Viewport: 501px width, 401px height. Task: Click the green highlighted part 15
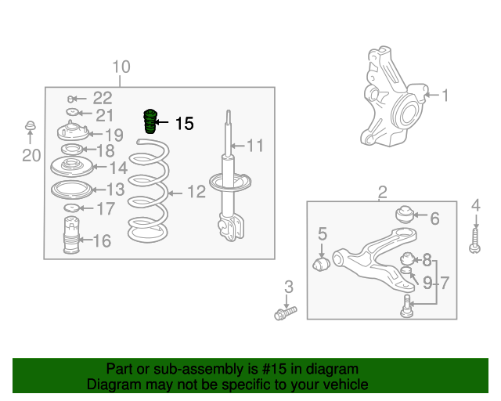pyautogui.click(x=150, y=121)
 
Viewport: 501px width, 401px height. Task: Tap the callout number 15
pyautogui.click(x=185, y=124)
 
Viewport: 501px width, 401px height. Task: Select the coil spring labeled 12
pyautogui.click(x=149, y=191)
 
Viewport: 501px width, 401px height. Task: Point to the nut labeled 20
pyautogui.click(x=30, y=125)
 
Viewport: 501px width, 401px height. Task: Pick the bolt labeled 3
pyautogui.click(x=285, y=313)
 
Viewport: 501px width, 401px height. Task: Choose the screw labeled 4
pyautogui.click(x=475, y=241)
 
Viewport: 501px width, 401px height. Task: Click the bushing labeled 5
pyautogui.click(x=321, y=263)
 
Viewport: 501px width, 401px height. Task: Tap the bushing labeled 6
pyautogui.click(x=405, y=215)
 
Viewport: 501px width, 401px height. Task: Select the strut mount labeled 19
pyautogui.click(x=73, y=131)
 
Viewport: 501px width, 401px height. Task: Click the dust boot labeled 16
pyautogui.click(x=71, y=235)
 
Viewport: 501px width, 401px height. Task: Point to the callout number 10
pyautogui.click(x=121, y=67)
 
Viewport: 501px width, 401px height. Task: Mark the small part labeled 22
pyautogui.click(x=71, y=99)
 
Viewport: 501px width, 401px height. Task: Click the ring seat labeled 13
pyautogui.click(x=71, y=190)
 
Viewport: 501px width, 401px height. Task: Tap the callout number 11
pyautogui.click(x=255, y=146)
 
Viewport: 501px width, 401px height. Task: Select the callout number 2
pyautogui.click(x=383, y=192)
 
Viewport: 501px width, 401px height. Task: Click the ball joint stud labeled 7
pyautogui.click(x=406, y=306)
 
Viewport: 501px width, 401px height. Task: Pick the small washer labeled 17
pyautogui.click(x=71, y=208)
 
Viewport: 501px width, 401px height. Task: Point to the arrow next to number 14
pyautogui.click(x=99, y=167)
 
